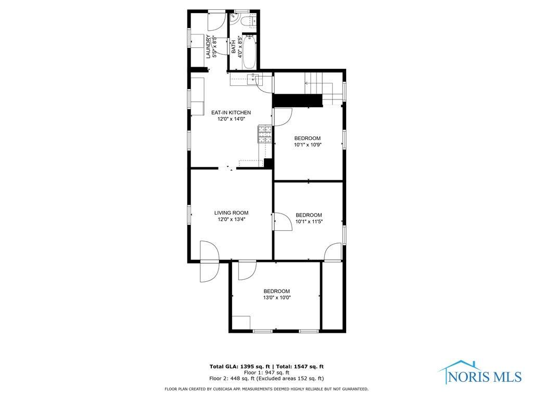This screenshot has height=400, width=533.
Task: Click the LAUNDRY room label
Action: pyautogui.click(x=208, y=46)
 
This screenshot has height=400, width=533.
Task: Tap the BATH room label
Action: pyautogui.click(x=234, y=47)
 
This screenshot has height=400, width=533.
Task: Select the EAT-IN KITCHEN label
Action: pyautogui.click(x=231, y=113)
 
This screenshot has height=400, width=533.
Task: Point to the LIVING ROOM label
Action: pyautogui.click(x=231, y=213)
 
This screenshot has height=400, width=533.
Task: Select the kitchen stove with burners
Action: pyautogui.click(x=265, y=134)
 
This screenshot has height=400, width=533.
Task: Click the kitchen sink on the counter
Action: pyautogui.click(x=253, y=79)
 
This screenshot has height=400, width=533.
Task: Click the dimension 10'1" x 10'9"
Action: pyautogui.click(x=308, y=145)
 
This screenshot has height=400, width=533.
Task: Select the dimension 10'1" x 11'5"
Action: pyautogui.click(x=309, y=221)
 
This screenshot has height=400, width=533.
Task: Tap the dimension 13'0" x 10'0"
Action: pyautogui.click(x=277, y=297)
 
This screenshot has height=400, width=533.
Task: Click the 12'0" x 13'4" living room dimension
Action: pyautogui.click(x=232, y=219)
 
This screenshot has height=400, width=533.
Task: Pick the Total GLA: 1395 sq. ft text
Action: pyautogui.click(x=239, y=367)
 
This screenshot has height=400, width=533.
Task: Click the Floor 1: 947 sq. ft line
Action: pyautogui.click(x=266, y=372)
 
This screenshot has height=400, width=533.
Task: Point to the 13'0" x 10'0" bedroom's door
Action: pyautogui.click(x=247, y=271)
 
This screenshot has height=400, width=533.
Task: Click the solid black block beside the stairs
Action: pyautogui.click(x=298, y=101)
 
